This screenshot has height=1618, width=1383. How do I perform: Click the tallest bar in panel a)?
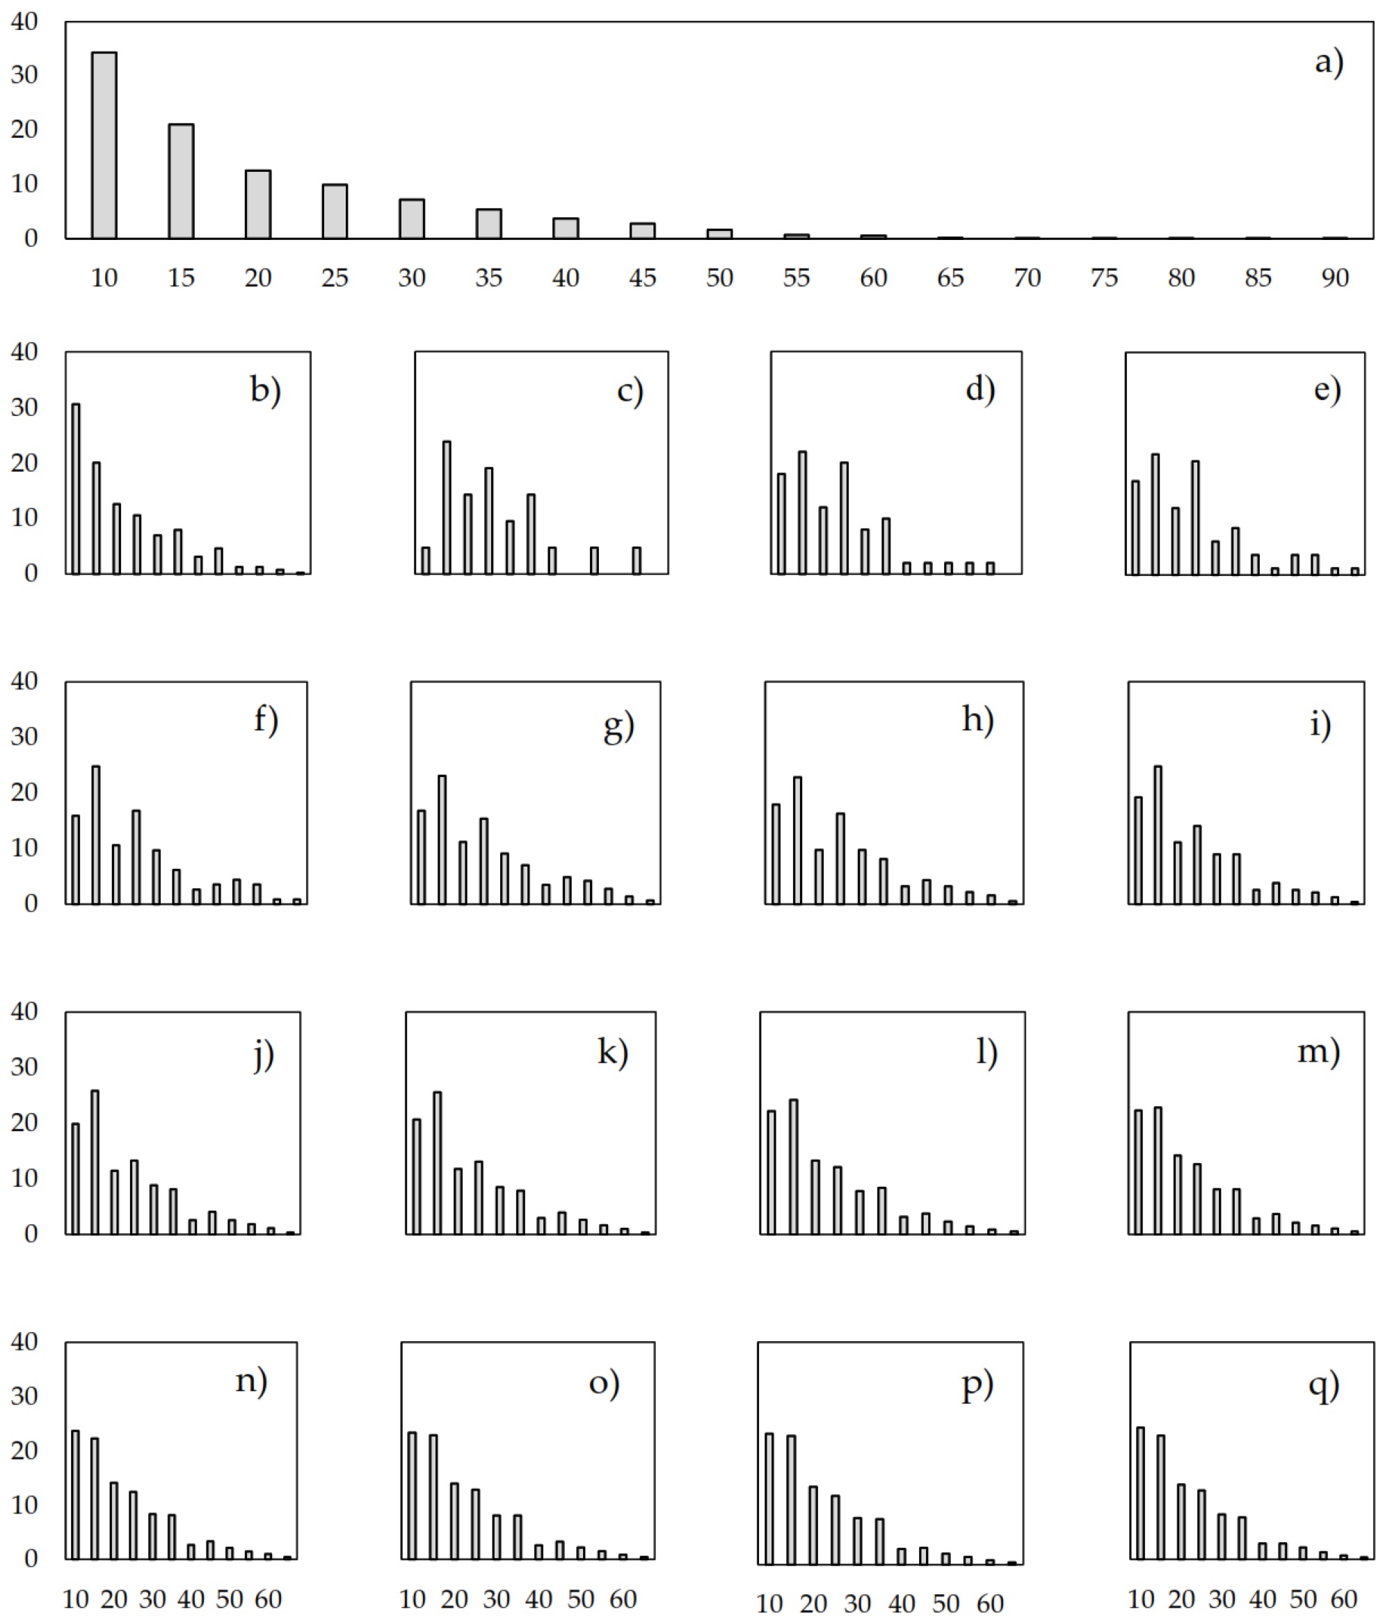pos(104,145)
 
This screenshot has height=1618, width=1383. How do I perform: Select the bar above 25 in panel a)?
pos(335,211)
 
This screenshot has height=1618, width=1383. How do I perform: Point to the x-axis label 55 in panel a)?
pos(797,278)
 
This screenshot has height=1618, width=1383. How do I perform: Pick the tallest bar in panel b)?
pos(76,489)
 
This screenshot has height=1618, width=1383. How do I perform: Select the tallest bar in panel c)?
pos(447,508)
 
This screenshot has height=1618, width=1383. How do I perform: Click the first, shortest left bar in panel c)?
pos(426,561)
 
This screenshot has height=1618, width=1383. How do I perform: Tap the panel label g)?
pos(619,726)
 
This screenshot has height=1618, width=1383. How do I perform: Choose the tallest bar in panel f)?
pos(96,835)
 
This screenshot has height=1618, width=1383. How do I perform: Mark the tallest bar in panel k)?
pos(438,1163)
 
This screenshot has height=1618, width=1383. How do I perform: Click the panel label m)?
pos(1319,1052)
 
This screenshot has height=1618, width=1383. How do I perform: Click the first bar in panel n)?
pos(76,1495)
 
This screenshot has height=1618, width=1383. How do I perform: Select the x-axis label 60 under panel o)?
pos(623,1599)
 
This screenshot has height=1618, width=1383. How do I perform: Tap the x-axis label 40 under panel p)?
pos(902,1603)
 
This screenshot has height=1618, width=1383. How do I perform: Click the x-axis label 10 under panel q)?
pos(1141,1599)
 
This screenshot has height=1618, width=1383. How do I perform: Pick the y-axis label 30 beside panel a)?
pos(24,75)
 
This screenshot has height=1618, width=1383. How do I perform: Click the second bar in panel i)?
pos(1158,835)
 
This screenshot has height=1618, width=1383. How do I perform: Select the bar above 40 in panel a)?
pos(566,228)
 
